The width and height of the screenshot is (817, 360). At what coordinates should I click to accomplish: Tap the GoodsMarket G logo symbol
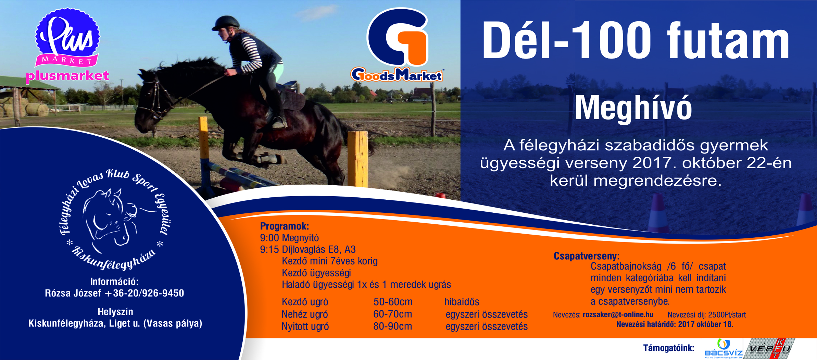coord(398,37)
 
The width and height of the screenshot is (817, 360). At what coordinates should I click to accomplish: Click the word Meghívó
coord(633,108)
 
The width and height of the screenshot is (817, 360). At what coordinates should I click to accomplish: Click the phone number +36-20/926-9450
coord(144,293)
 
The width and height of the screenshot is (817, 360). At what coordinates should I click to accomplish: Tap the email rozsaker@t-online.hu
coord(618,314)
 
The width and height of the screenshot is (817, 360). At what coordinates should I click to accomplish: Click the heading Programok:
coord(285,226)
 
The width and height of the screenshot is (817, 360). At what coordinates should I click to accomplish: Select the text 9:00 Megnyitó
coord(289,238)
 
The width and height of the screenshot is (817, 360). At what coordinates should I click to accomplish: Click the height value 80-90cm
coord(392,326)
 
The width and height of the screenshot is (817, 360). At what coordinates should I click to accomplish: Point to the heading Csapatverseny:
coord(587,256)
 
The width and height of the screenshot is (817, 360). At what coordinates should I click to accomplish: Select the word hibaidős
coord(462,302)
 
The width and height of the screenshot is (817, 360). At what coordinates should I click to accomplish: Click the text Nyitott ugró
coord(305,327)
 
